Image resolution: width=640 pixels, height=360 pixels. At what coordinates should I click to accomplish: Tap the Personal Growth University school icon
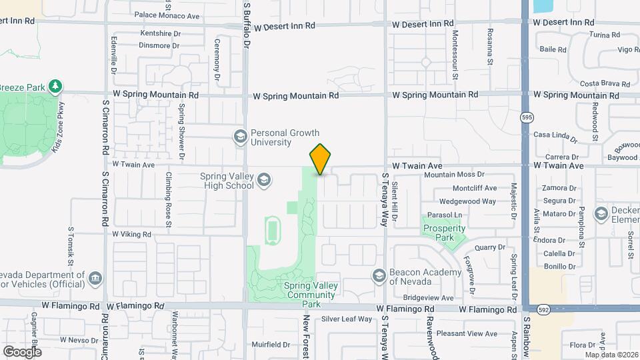click(x=240, y=137)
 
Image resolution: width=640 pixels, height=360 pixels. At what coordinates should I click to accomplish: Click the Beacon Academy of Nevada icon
click(x=379, y=276)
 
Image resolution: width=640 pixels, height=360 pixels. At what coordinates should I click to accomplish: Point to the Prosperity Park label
click(x=444, y=233)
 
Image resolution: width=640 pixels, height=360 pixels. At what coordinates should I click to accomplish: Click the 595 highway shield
click(x=527, y=117)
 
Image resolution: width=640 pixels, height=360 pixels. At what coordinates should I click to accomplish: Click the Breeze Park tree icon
click(x=56, y=87)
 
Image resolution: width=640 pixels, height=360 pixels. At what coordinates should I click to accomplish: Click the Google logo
click(x=23, y=351)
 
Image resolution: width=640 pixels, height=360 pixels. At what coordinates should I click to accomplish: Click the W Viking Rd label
click(x=132, y=235)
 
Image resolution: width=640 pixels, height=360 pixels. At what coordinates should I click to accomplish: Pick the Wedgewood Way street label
click(x=468, y=201)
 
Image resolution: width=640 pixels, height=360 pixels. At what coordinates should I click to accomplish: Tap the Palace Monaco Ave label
click(x=167, y=15)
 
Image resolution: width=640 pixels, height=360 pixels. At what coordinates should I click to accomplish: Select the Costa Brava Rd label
click(x=605, y=84)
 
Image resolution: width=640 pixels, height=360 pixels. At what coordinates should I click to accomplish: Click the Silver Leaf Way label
click(x=347, y=319)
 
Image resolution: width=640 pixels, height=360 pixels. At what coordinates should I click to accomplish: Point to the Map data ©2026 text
click(x=609, y=354)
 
